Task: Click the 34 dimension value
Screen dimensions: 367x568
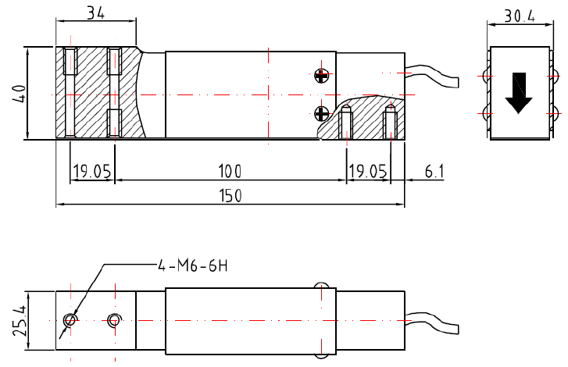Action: pyautogui.click(x=95, y=12)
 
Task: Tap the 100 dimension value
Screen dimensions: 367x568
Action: pyautogui.click(x=230, y=171)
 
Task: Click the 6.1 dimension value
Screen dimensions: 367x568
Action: pyautogui.click(x=434, y=171)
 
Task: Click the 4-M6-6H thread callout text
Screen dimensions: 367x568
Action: pyautogui.click(x=192, y=265)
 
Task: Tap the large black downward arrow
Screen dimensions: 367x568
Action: pyautogui.click(x=518, y=92)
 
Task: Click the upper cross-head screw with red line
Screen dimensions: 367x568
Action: pyautogui.click(x=321, y=75)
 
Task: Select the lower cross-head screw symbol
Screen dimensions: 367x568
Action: pyautogui.click(x=321, y=112)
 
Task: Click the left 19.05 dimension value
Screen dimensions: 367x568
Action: pyautogui.click(x=91, y=171)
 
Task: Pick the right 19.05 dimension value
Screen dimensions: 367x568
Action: pyautogui.click(x=368, y=171)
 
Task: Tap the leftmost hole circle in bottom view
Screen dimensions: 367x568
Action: pyautogui.click(x=71, y=319)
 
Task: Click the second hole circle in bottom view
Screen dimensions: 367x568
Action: pyautogui.click(x=115, y=319)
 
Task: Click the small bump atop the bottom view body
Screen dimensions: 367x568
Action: pyautogui.click(x=320, y=286)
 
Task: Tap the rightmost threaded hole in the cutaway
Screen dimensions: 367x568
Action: pyautogui.click(x=391, y=122)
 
